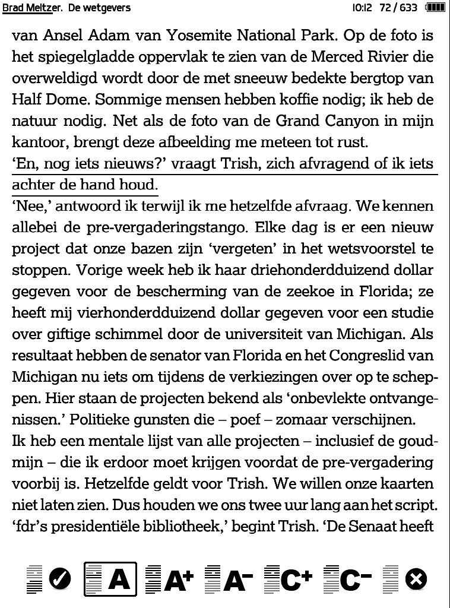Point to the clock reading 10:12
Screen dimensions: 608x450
point(361,8)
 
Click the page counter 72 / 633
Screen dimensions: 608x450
point(399,8)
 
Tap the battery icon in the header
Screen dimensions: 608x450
point(435,8)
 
